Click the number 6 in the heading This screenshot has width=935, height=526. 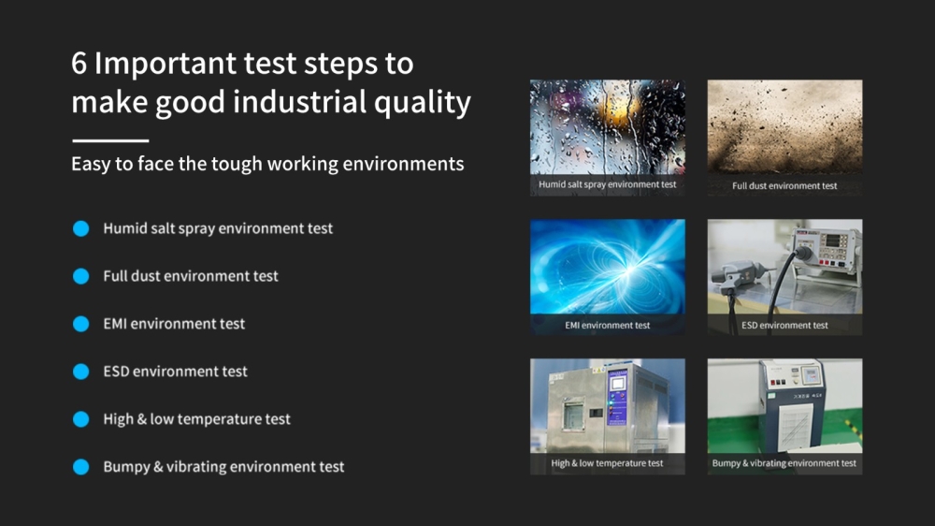pyautogui.click(x=79, y=64)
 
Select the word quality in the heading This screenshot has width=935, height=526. pyautogui.click(x=423, y=103)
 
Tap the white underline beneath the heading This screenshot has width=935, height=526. pyautogui.click(x=110, y=141)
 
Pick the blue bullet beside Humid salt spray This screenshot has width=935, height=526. pyautogui.click(x=81, y=228)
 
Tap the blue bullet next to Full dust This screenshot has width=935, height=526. pyautogui.click(x=81, y=276)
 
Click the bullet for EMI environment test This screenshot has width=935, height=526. pyautogui.click(x=81, y=324)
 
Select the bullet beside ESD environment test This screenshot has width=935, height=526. pyautogui.click(x=81, y=372)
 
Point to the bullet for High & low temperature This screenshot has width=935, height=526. pyautogui.click(x=81, y=419)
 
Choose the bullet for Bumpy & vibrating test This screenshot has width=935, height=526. pyautogui.click(x=81, y=467)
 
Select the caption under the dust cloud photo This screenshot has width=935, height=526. pyautogui.click(x=784, y=185)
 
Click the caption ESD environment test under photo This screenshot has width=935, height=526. pyautogui.click(x=784, y=326)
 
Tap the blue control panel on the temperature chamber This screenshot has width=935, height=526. pyautogui.click(x=616, y=397)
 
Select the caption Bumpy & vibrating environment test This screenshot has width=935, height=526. pyautogui.click(x=784, y=463)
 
